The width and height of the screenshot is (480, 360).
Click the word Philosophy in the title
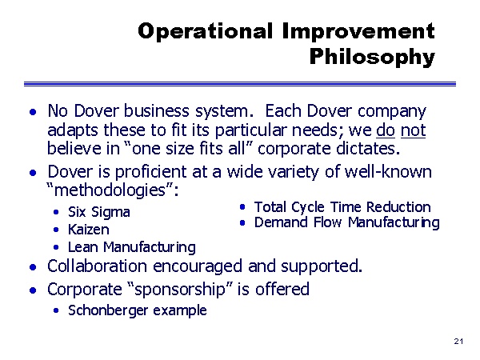tap(372, 57)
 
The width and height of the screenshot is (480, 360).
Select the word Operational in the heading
tap(205, 32)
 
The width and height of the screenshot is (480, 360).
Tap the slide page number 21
tap(458, 342)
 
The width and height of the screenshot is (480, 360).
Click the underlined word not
tap(413, 130)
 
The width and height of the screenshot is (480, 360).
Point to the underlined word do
tap(386, 130)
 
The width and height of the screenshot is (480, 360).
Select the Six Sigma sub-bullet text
tap(99, 212)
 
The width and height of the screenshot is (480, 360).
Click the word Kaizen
tap(89, 230)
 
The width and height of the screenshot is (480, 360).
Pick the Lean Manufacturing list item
tap(132, 247)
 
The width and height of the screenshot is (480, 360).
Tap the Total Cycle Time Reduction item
tap(342, 207)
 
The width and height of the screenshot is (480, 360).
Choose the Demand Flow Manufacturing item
tap(347, 222)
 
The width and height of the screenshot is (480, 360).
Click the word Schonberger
tap(108, 310)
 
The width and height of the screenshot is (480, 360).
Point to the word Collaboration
tap(97, 266)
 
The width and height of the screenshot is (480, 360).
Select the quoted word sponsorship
tap(180, 290)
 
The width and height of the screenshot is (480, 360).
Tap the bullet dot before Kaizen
tap(56, 230)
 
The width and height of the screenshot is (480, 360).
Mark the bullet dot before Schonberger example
tap(56, 310)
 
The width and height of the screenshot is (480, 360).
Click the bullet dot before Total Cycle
tap(242, 207)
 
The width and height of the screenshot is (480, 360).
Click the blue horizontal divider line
tap(240, 84)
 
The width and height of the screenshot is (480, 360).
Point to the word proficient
tap(150, 172)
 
